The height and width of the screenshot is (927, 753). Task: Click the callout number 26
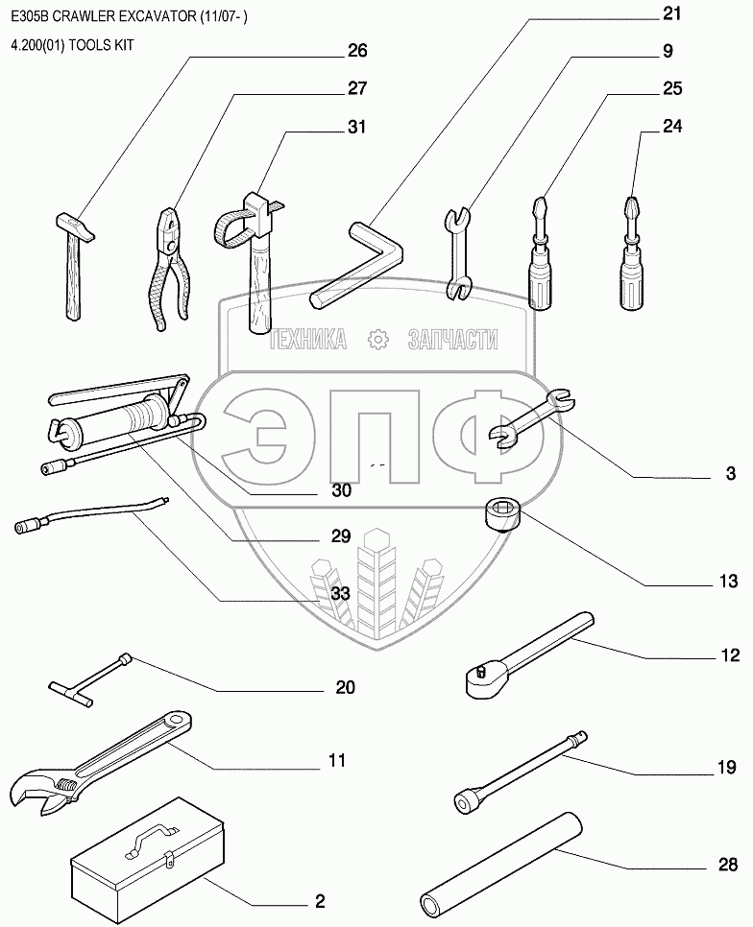357,51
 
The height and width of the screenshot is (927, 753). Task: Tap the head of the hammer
75,227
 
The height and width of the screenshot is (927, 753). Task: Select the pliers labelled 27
171,269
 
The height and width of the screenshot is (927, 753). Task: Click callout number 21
671,13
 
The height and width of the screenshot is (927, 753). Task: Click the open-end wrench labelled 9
458,252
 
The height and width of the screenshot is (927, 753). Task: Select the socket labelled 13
502,514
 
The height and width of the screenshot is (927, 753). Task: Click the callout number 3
731,473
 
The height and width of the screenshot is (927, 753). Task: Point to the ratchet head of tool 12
484,679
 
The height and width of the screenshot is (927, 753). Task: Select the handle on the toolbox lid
152,839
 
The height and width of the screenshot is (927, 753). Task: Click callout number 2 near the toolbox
320,902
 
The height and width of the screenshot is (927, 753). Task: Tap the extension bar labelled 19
522,771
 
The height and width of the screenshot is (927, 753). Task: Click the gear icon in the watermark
377,340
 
